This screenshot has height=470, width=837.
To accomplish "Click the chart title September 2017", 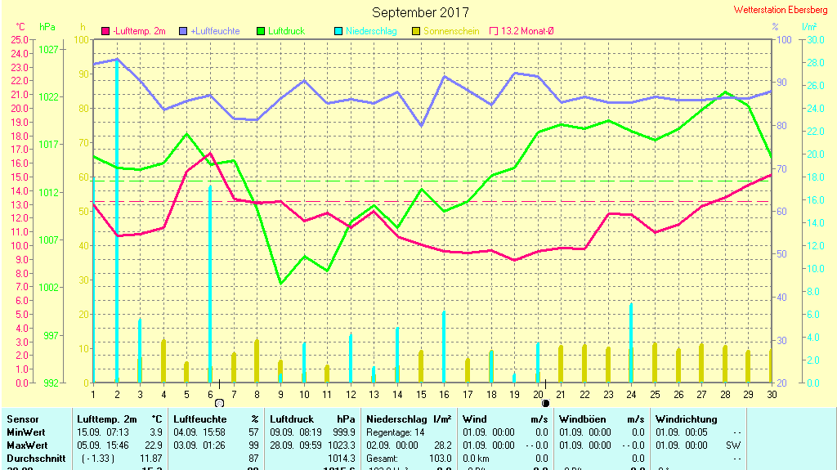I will (420, 12).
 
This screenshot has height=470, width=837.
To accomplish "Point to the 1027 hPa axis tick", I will (48, 49).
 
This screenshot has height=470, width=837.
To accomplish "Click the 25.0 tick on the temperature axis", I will (20, 39).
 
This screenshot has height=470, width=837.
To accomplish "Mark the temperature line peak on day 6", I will (210, 153).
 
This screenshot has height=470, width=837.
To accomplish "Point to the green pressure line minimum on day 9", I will (280, 283).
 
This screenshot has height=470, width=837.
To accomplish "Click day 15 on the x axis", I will (421, 395).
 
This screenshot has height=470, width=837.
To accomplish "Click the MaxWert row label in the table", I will (25, 445).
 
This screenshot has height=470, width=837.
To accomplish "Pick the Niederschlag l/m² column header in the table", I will (410, 419).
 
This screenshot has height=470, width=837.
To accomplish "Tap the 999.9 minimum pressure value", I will (344, 432).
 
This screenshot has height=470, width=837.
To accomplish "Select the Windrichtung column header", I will (687, 419).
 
